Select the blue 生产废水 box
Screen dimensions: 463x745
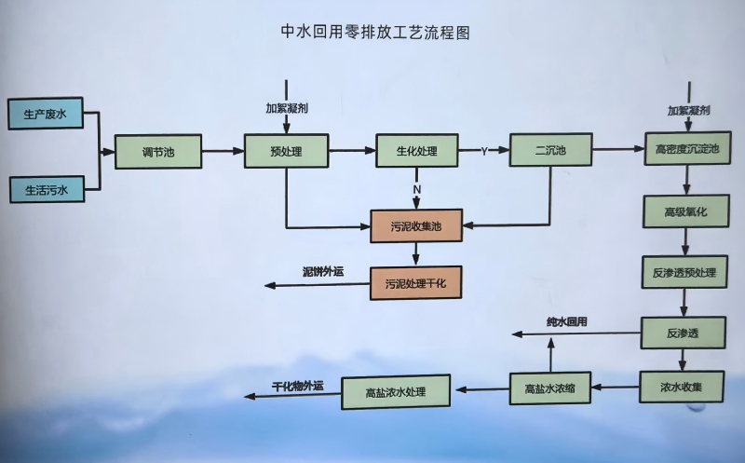(x=46, y=114)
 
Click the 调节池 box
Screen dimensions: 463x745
(x=158, y=152)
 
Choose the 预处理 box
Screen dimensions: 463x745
(x=287, y=150)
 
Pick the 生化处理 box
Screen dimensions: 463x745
(x=417, y=150)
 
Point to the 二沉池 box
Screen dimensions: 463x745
(x=550, y=149)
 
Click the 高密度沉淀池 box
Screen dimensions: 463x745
(x=688, y=149)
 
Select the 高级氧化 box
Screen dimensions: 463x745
(x=686, y=211)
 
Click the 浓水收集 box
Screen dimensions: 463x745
(x=682, y=387)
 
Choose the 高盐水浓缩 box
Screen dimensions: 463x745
(x=549, y=388)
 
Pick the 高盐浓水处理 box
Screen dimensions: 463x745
(x=395, y=391)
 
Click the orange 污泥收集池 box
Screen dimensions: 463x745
(x=415, y=225)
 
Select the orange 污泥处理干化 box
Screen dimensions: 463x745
(x=415, y=282)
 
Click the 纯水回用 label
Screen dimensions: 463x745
(x=566, y=322)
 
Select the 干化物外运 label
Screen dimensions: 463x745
(x=297, y=385)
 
